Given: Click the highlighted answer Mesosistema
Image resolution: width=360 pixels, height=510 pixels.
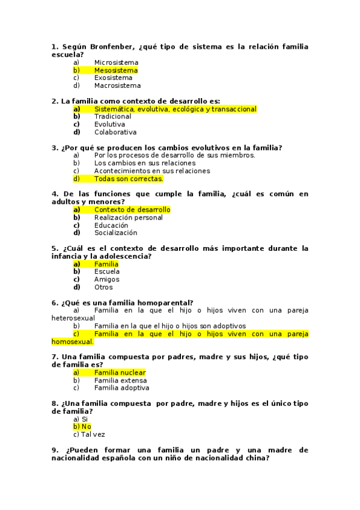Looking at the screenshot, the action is (x=115, y=70).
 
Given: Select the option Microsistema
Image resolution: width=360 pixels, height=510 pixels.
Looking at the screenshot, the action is (x=116, y=63).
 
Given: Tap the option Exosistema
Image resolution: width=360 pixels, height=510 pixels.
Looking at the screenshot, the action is (x=113, y=78).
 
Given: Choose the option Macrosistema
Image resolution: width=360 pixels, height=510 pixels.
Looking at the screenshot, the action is (x=117, y=85).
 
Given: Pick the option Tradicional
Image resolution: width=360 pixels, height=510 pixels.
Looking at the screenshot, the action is (x=112, y=117).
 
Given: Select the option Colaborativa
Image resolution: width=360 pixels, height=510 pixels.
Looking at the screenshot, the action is (x=115, y=132).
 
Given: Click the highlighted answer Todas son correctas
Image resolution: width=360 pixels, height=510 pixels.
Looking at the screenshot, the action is (x=128, y=179).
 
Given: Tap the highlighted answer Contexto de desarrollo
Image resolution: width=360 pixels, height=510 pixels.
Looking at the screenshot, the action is (x=132, y=210).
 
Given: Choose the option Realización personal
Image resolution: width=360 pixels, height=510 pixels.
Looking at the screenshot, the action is (x=128, y=218).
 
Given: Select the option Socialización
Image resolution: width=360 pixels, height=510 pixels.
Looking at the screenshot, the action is (x=115, y=233).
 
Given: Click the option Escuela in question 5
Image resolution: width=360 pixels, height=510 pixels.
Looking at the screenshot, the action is (x=106, y=272).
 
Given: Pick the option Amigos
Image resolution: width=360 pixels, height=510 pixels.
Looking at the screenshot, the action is (x=106, y=280).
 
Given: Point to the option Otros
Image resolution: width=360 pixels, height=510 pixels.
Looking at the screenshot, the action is (x=103, y=287).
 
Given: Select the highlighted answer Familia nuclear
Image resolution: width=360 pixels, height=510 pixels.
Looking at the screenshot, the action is (x=120, y=373).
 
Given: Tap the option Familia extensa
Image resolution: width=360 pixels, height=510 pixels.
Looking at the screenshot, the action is (x=120, y=381).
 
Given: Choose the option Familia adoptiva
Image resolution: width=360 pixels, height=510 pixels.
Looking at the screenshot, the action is (x=121, y=389).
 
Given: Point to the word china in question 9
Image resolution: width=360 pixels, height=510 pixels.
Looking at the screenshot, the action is (x=257, y=458).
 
